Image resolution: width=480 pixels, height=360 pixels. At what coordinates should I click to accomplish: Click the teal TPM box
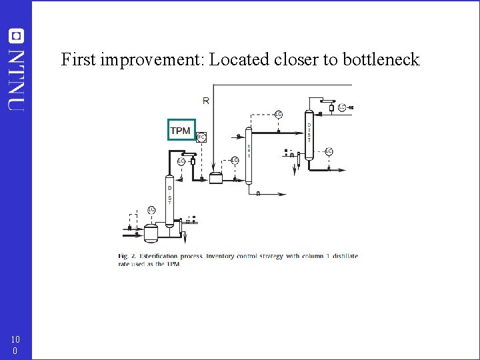pyautogui.click(x=181, y=130)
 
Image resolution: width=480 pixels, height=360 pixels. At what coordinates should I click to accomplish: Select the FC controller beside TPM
pyautogui.click(x=201, y=137)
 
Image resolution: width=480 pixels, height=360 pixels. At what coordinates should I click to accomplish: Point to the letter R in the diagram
pyautogui.click(x=205, y=101)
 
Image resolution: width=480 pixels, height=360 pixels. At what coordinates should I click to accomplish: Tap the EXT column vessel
pyautogui.click(x=249, y=155)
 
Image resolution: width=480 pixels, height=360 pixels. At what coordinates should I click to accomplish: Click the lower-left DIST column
pyautogui.click(x=169, y=198)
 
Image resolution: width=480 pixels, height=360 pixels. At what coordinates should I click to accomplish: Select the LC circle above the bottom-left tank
pyautogui.click(x=152, y=210)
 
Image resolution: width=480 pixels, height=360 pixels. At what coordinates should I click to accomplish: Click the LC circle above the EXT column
pyautogui.click(x=279, y=114)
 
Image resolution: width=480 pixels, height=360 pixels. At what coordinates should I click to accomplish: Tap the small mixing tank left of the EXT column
pyautogui.click(x=216, y=178)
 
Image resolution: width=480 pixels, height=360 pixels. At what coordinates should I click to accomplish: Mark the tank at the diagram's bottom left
pyautogui.click(x=151, y=232)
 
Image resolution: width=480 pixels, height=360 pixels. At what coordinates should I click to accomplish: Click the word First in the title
pyautogui.click(x=79, y=60)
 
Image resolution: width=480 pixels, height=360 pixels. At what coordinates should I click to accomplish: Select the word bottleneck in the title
pyautogui.click(x=381, y=60)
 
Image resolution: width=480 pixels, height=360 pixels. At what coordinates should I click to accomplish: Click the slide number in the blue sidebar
pyautogui.click(x=15, y=345)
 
